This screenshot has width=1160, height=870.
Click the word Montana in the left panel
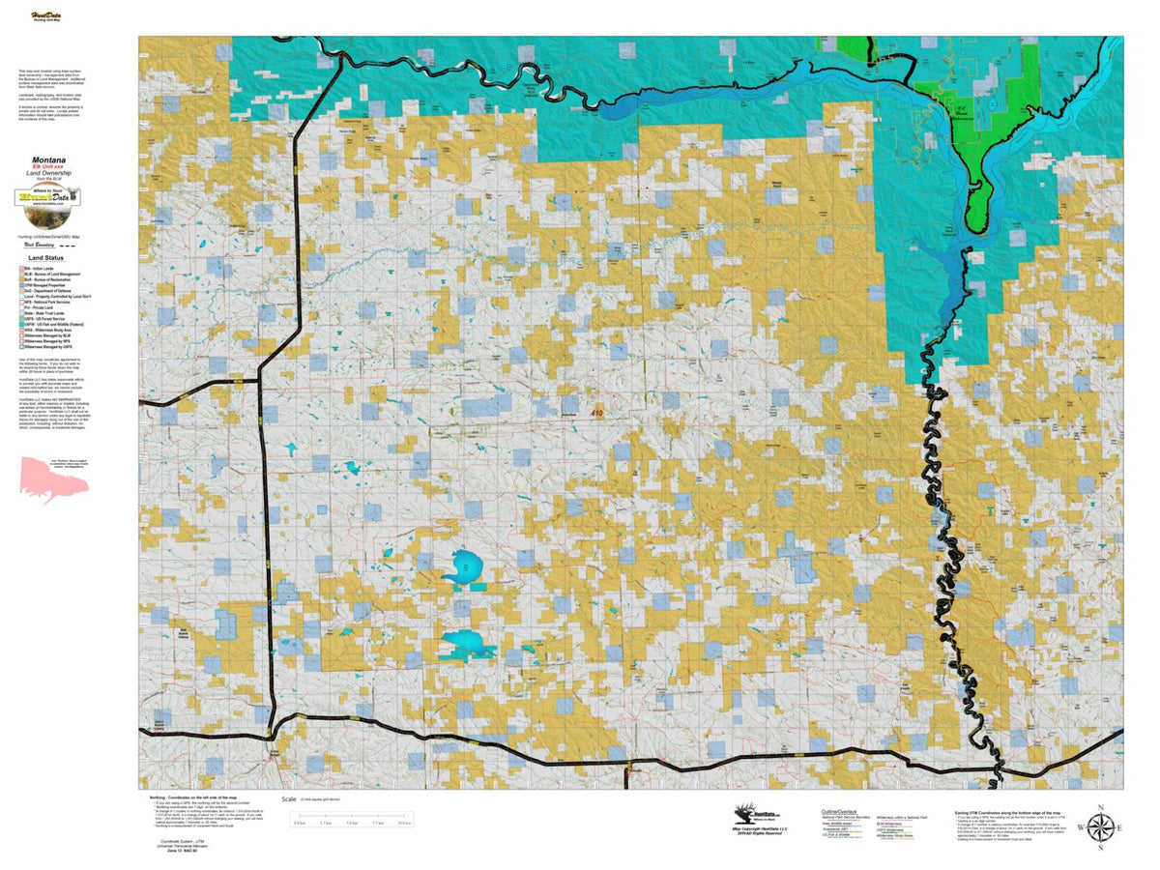[48, 159]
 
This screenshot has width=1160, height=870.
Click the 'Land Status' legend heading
[47, 259]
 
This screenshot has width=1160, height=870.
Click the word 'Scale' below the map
[288, 799]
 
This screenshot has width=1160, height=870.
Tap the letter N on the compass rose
[1100, 806]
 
